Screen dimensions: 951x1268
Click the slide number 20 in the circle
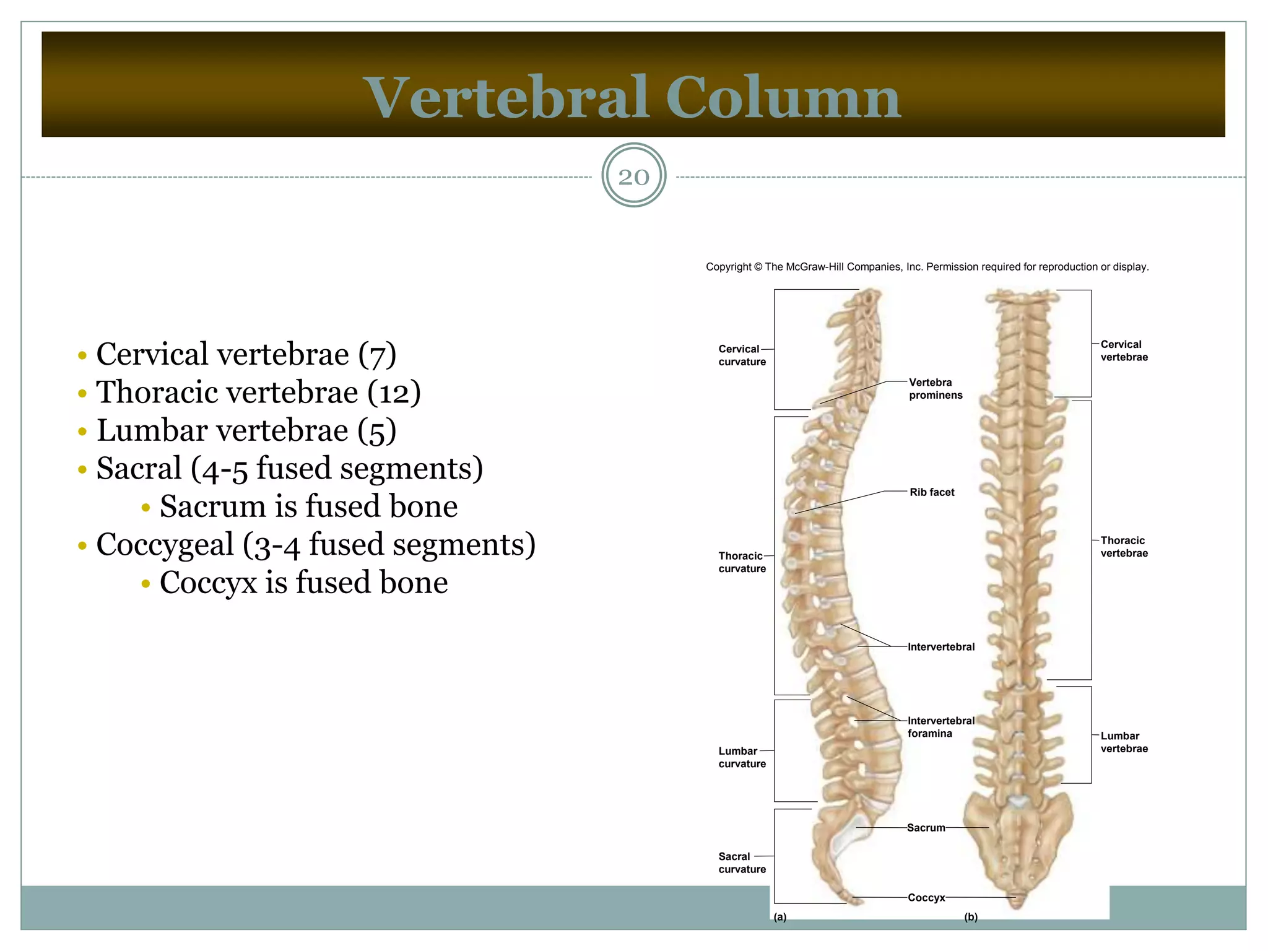click(633, 177)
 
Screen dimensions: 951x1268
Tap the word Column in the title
click(783, 98)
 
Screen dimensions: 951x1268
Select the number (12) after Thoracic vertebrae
click(394, 393)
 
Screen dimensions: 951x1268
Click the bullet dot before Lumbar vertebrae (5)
click(82, 432)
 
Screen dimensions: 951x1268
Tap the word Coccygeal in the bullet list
click(165, 545)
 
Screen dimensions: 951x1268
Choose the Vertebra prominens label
click(935, 389)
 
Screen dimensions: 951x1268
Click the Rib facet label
click(932, 492)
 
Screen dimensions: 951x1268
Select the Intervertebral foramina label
click(940, 727)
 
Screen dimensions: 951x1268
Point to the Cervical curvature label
click(741, 355)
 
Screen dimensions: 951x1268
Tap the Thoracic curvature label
click(741, 562)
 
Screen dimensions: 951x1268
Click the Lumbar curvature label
click(741, 757)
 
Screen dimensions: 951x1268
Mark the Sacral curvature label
click(741, 862)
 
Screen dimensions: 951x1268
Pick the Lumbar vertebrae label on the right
click(1124, 742)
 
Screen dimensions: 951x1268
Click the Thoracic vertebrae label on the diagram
click(1124, 547)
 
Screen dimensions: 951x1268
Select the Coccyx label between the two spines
click(926, 898)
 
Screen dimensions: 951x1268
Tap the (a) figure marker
click(780, 918)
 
